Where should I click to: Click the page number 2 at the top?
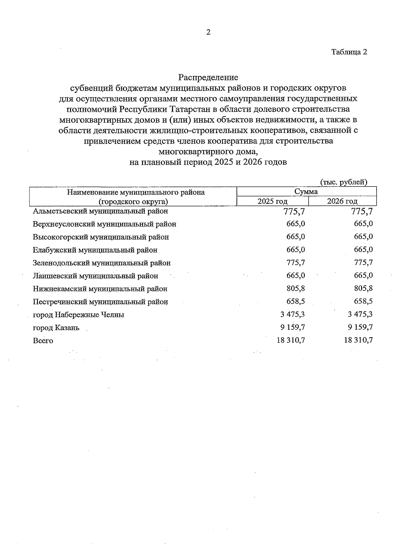tap(208, 32)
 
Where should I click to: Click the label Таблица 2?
tap(349, 52)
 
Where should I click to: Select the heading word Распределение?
tap(208, 78)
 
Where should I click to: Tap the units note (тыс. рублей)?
tap(344, 182)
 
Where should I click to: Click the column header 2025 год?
tap(272, 201)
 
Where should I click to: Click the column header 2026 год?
tap(342, 201)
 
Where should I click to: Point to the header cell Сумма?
tap(306, 192)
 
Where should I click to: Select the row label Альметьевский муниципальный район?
tap(100, 211)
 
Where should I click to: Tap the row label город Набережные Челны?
tap(79, 315)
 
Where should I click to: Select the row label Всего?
tap(43, 341)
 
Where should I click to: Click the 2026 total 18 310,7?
tap(358, 340)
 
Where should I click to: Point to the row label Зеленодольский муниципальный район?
tap(102, 263)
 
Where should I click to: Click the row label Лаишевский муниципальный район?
tap(95, 276)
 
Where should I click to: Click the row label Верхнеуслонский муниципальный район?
tap(105, 224)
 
